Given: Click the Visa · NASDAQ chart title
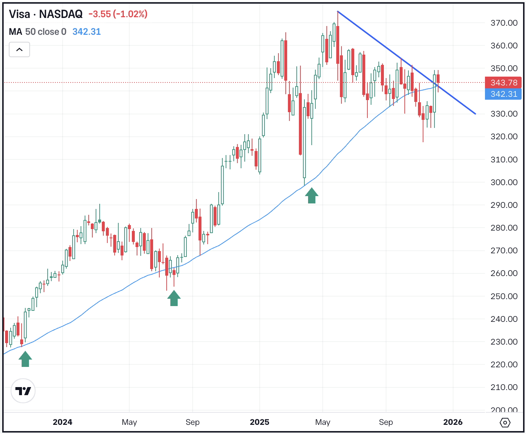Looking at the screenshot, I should tap(46, 14).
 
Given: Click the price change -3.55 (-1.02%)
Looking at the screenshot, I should tap(118, 14).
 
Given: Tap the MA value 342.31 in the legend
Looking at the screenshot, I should tap(86, 32).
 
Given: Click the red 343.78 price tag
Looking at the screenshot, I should tap(504, 83).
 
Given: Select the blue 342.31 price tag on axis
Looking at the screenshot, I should tap(504, 94).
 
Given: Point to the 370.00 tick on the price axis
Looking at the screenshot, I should tap(504, 23).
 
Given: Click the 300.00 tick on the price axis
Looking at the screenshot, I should tap(504, 182).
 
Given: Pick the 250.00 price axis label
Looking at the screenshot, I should tap(504, 296).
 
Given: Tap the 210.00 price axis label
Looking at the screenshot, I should tap(504, 387).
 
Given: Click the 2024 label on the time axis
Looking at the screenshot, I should tap(62, 422).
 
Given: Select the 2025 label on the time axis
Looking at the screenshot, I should tap(259, 422).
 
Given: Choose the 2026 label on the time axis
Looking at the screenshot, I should tap(453, 422).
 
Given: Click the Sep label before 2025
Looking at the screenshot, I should tap(192, 422).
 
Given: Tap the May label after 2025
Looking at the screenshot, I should tap(323, 422).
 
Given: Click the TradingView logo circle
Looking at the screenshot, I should tap(23, 391).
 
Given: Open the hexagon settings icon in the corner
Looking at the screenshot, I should tap(505, 423).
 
